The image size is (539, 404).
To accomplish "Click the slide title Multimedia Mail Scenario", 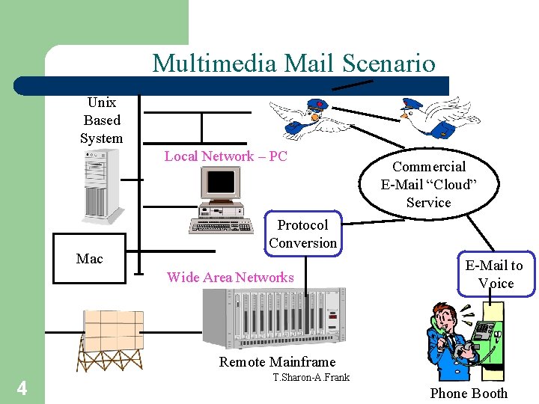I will click(x=293, y=63).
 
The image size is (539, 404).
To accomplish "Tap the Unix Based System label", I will click(x=101, y=120).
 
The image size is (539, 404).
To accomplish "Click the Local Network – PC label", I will click(x=225, y=156).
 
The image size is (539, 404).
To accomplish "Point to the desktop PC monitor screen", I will click(x=222, y=182).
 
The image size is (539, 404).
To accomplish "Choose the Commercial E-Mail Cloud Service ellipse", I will click(x=428, y=184).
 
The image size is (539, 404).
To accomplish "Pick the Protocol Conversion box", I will click(x=302, y=234).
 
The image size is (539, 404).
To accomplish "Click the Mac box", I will click(x=90, y=259).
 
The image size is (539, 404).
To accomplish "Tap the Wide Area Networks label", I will click(x=230, y=278).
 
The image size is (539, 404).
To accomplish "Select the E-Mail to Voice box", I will click(x=494, y=275).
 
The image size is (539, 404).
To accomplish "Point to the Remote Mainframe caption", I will click(x=277, y=362).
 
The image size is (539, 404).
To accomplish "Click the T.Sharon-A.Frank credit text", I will click(x=311, y=378).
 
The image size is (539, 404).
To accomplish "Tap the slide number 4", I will click(x=22, y=388).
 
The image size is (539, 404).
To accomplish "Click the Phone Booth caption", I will click(x=469, y=394).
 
